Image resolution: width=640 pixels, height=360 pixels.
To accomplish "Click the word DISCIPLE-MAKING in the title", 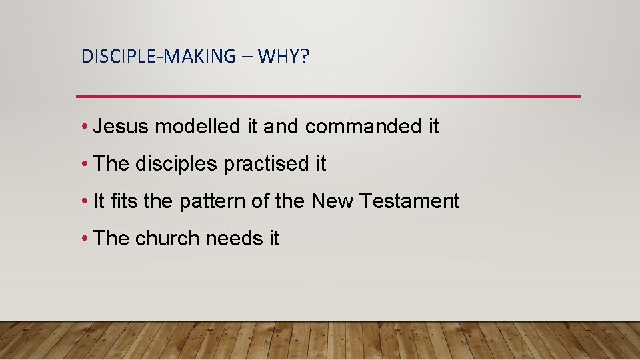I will click(158, 57).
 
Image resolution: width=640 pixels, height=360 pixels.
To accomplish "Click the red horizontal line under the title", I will click(328, 97).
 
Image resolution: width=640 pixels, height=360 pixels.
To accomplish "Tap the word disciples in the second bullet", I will click(176, 164).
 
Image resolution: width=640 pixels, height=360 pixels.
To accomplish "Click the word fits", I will click(124, 201).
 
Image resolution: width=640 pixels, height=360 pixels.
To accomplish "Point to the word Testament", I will click(410, 201).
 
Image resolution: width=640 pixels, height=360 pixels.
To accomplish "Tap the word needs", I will click(234, 238).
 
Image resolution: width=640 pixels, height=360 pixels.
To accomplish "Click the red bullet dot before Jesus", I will click(85, 127).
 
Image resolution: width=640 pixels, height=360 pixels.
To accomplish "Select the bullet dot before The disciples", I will click(85, 165).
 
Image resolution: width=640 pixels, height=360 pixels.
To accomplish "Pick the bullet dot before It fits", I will click(85, 201).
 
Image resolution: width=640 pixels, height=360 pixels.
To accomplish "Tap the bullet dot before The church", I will click(85, 239).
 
